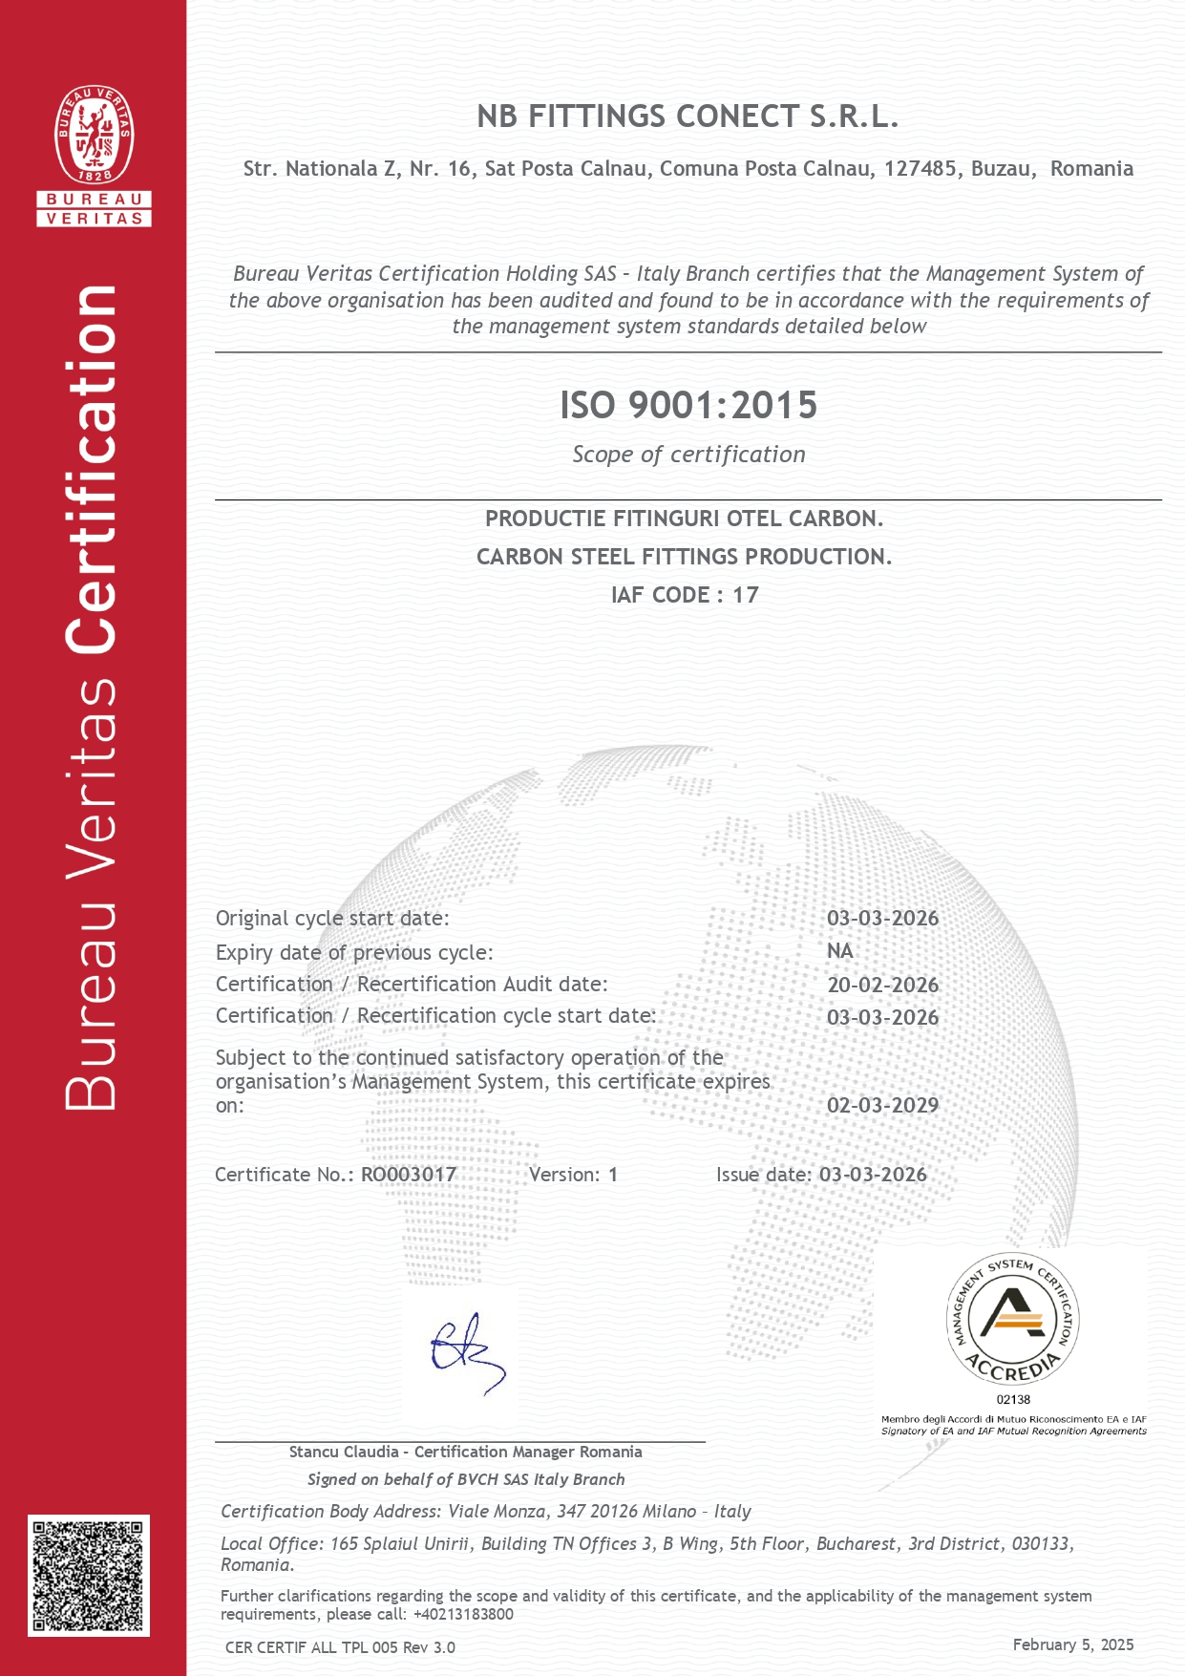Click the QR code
[x=89, y=1575]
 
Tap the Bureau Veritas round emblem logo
[x=94, y=135]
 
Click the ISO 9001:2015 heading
[x=688, y=405]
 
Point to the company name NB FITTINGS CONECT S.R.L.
[x=688, y=117]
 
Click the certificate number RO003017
[x=409, y=1175]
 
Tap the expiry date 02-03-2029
[x=882, y=1105]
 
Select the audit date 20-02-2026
[x=882, y=985]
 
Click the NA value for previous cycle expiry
[x=839, y=951]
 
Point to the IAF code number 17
[x=745, y=595]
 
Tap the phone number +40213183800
[x=463, y=1614]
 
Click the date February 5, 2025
[x=1073, y=1644]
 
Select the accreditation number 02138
[x=1013, y=1399]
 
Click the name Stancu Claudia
[x=344, y=1452]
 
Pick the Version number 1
[x=613, y=1175]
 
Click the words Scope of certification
[x=688, y=455]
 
